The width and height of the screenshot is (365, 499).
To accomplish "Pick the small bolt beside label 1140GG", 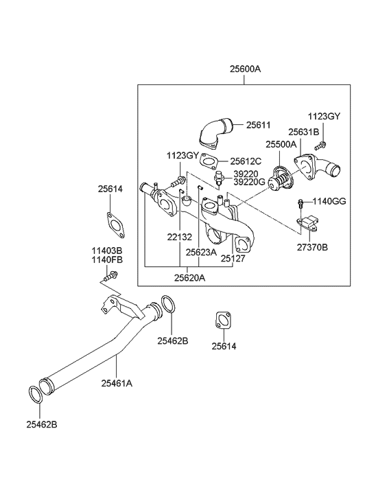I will (301, 203).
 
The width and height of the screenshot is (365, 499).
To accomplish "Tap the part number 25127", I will (231, 259).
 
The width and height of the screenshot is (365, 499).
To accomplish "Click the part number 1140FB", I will (107, 261).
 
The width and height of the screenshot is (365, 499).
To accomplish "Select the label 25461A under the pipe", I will (117, 383).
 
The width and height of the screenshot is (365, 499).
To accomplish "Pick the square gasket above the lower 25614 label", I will (222, 322).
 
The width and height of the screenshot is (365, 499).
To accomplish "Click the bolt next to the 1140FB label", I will (110, 276).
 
